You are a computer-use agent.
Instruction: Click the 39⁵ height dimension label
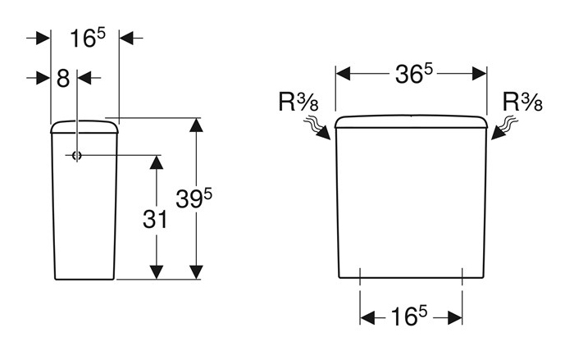tap(194, 198)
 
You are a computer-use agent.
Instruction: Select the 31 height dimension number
tap(155, 220)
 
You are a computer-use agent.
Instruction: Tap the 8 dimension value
tap(63, 79)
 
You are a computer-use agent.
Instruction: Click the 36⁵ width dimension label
tap(413, 74)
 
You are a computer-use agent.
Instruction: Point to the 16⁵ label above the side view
tap(88, 38)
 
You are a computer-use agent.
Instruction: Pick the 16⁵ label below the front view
tap(409, 316)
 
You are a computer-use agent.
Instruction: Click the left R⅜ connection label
tap(298, 102)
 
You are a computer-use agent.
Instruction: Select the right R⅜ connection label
tap(522, 102)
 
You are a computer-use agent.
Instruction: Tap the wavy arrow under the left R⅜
tap(317, 128)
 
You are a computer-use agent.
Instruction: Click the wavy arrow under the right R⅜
tap(504, 128)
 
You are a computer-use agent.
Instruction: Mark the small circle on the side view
tap(76, 156)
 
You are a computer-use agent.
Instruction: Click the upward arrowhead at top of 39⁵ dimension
tap(197, 125)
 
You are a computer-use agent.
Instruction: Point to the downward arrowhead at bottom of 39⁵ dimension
tap(197, 272)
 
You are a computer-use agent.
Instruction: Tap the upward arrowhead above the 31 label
tap(157, 162)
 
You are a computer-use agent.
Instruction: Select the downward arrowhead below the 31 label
tap(157, 272)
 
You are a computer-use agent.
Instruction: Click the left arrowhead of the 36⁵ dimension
tap(343, 74)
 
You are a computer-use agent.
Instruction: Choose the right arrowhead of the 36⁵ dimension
tap(480, 74)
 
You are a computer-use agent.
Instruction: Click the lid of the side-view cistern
tap(84, 126)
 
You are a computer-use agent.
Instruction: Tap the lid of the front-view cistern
tap(411, 121)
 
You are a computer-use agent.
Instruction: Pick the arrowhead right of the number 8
tap(84, 78)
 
